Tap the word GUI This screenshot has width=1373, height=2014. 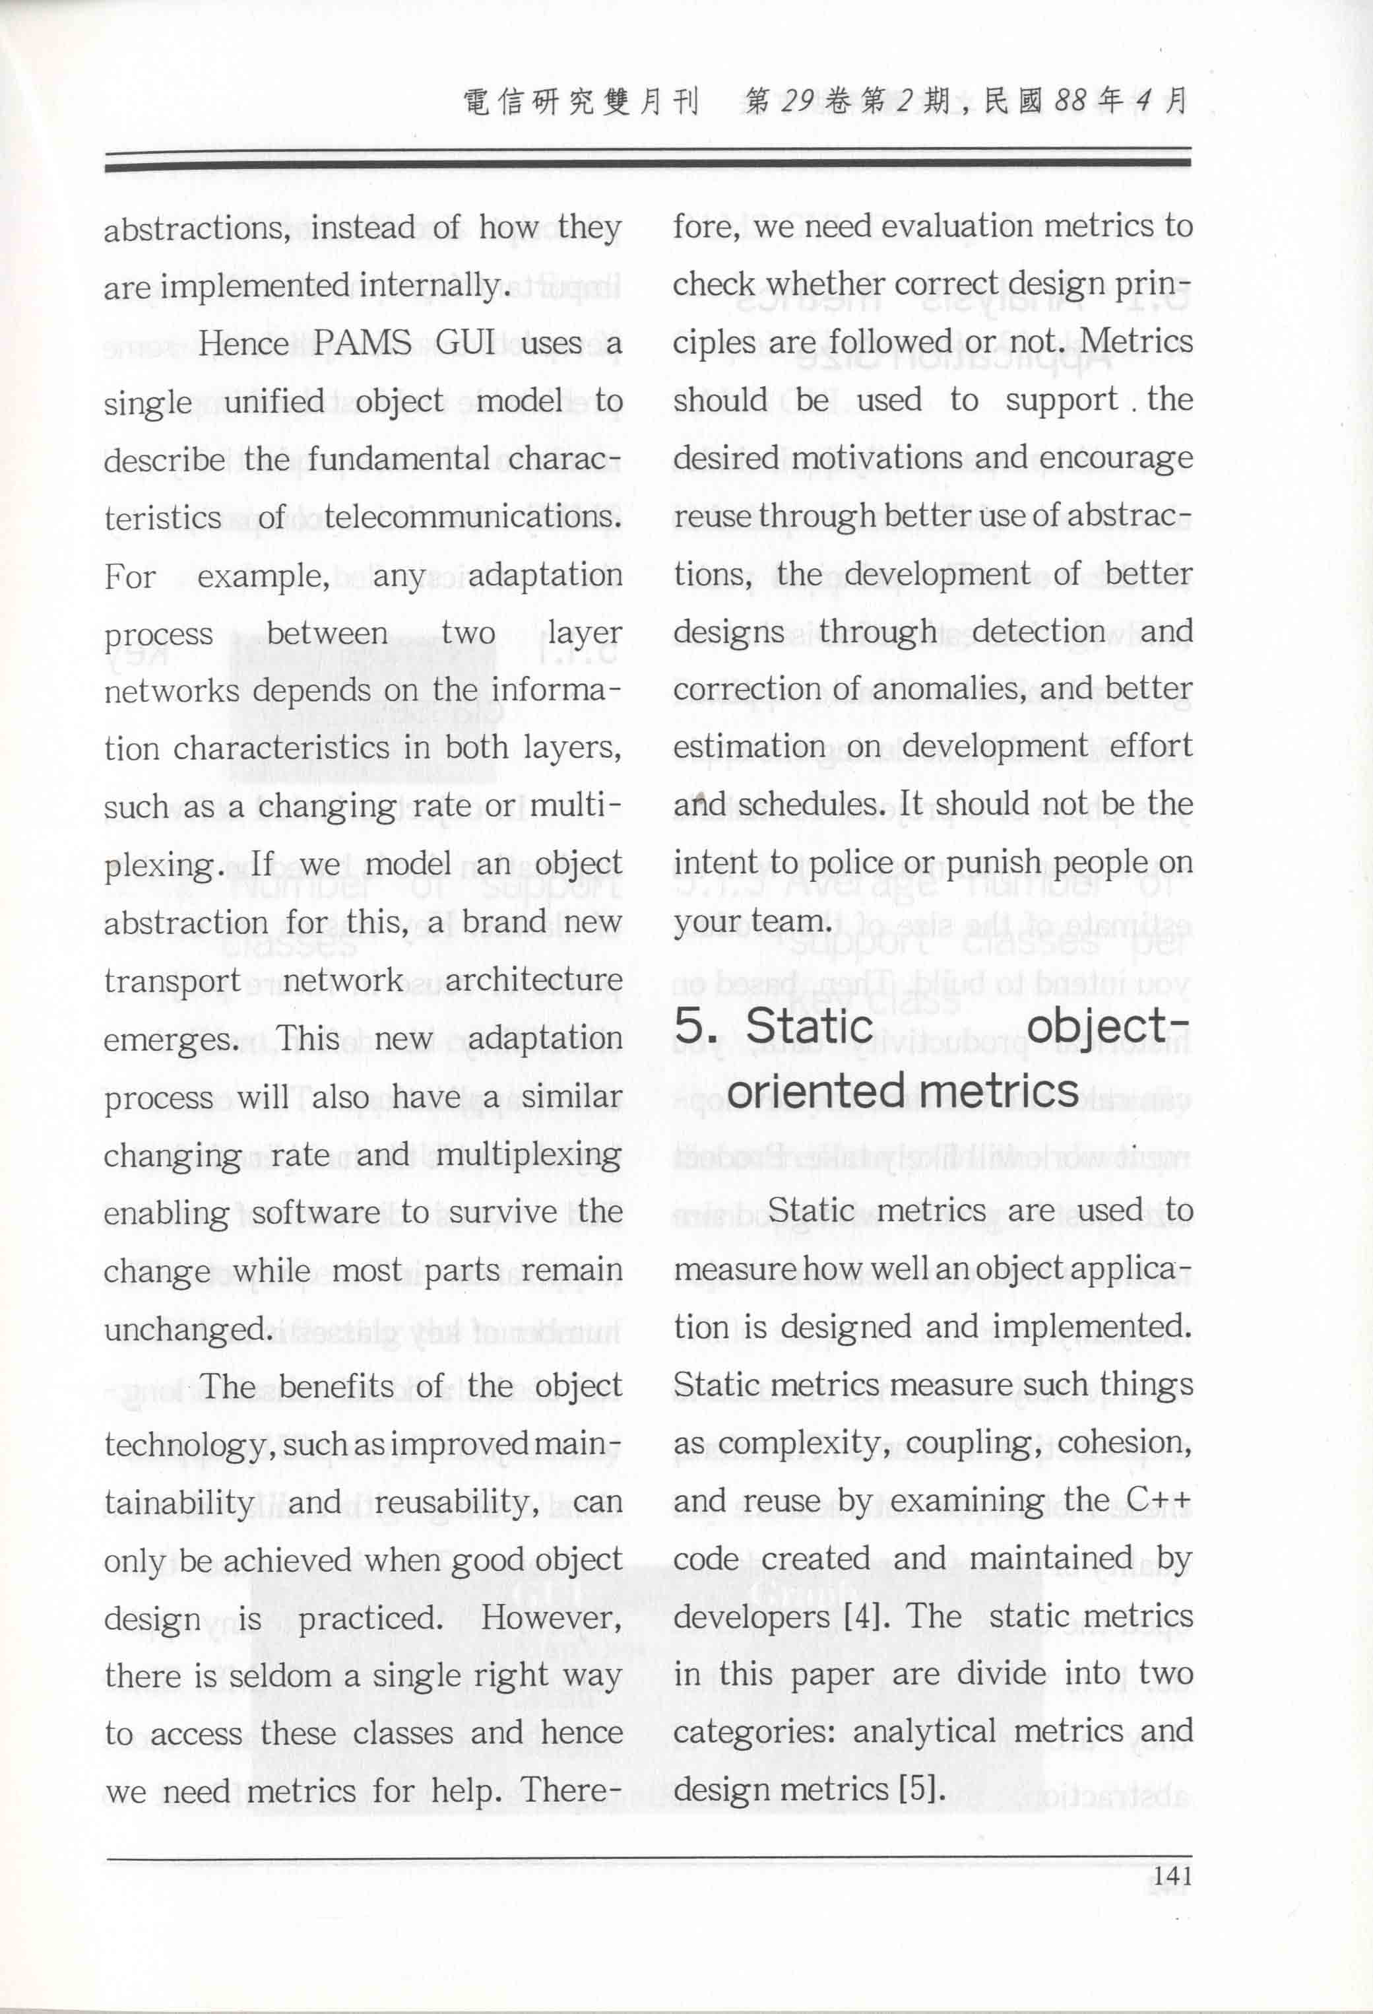click(x=465, y=343)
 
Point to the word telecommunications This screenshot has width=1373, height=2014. click(x=473, y=518)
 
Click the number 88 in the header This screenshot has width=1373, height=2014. click(x=1071, y=102)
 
